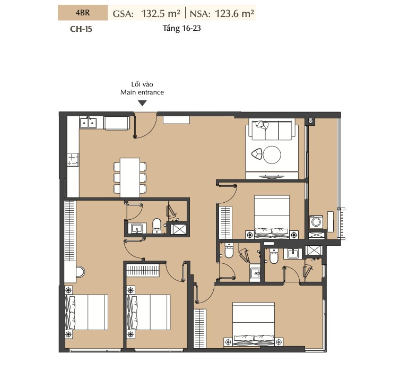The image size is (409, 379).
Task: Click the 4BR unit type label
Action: tap(83, 13)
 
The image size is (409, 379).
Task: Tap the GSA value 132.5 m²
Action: tap(161, 13)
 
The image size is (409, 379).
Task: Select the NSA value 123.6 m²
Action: tap(234, 13)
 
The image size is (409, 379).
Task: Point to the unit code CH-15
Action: tap(81, 29)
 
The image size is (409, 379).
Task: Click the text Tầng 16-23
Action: tap(181, 28)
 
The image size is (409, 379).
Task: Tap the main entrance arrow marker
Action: tap(142, 104)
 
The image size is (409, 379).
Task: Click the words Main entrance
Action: tap(142, 92)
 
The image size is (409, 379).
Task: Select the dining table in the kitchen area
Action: tap(130, 177)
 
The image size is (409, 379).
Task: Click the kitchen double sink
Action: tap(88, 123)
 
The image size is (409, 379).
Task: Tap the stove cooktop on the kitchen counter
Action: tap(73, 159)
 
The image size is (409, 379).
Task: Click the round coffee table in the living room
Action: tap(272, 155)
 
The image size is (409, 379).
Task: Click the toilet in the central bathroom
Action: tap(156, 226)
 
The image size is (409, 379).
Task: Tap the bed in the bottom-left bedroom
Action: tap(87, 312)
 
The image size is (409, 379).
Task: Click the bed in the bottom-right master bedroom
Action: tap(253, 325)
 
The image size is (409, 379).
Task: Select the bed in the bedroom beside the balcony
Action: tap(272, 217)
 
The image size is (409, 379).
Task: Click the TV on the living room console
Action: tap(272, 177)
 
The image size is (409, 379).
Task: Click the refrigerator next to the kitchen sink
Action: tap(117, 123)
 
